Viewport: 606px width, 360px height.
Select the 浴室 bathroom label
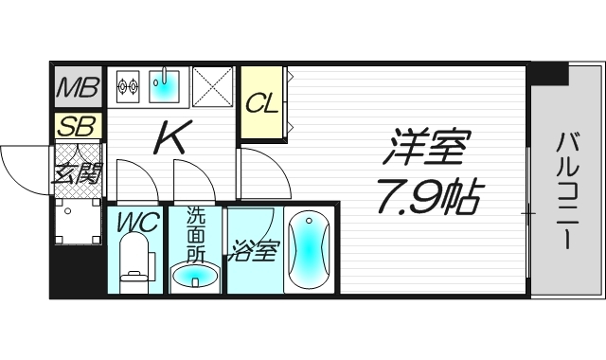coord(253,252)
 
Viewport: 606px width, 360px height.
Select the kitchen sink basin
coord(167,86)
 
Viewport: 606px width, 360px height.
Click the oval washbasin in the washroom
coord(195,277)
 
